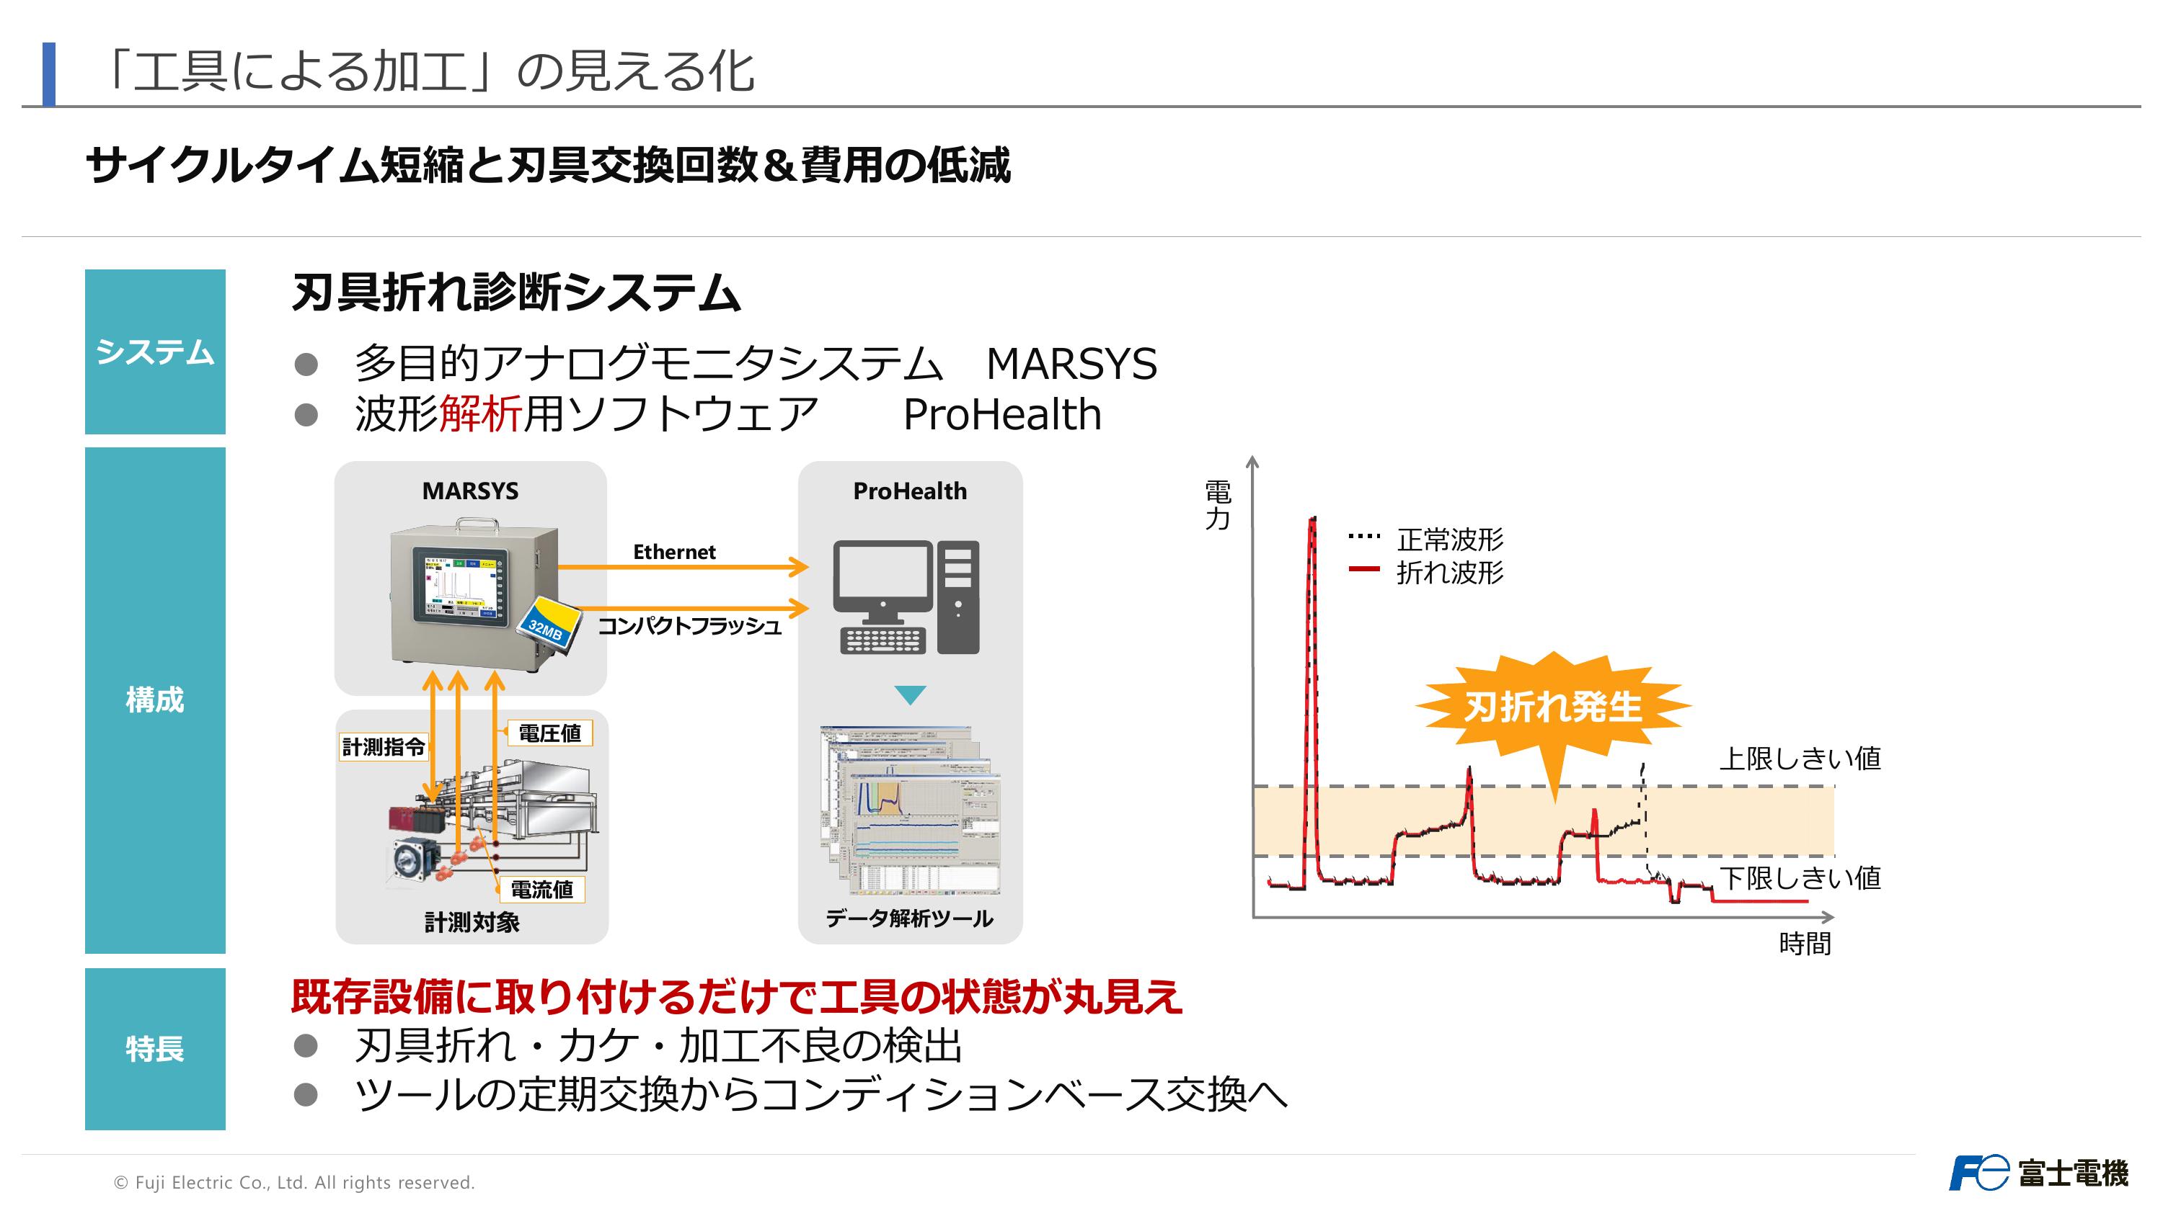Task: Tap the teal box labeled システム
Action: (x=155, y=352)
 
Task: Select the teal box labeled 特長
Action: (x=155, y=1048)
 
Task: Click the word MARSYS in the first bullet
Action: (x=1071, y=365)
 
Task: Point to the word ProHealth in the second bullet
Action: (x=1001, y=414)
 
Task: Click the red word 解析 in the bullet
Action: (x=480, y=414)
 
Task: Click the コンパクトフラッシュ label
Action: (x=689, y=626)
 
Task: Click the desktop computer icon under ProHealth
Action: (x=907, y=597)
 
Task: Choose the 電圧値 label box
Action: (x=550, y=733)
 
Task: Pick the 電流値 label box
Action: (x=541, y=890)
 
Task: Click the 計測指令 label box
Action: (x=384, y=746)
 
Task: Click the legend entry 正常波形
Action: (x=1449, y=539)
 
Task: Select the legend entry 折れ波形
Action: (x=1449, y=572)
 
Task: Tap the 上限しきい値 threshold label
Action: (x=1800, y=759)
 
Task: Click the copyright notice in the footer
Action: (x=294, y=1182)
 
